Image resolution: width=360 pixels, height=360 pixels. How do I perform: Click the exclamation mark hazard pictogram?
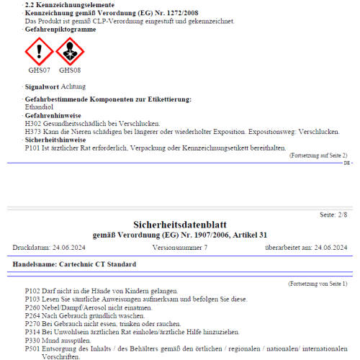39,52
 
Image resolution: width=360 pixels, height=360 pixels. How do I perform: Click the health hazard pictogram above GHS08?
70,52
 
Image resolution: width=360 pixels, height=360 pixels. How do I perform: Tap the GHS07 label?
39,71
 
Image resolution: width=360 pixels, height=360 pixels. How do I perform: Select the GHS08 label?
70,71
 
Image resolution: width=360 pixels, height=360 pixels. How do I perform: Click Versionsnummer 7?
180,248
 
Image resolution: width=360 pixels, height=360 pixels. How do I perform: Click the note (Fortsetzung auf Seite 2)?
318,156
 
